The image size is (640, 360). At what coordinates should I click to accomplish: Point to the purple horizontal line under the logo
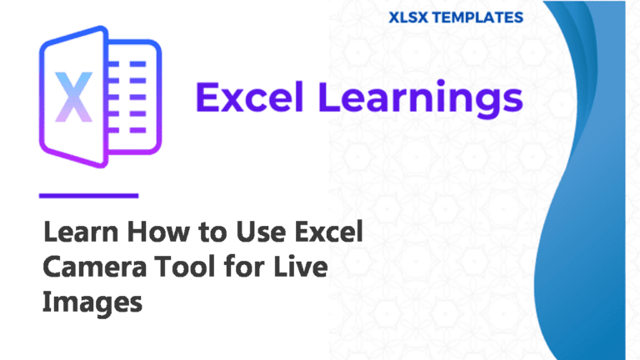[88, 196]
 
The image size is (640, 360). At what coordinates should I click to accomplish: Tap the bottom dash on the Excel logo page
[137, 130]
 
